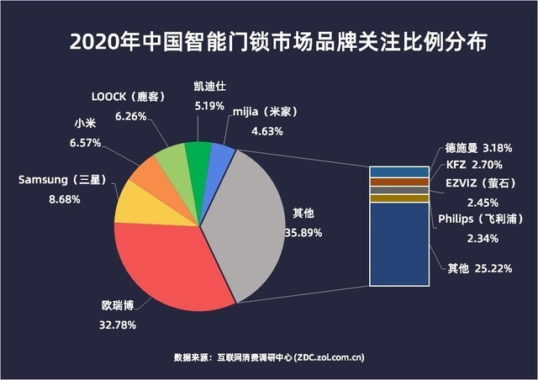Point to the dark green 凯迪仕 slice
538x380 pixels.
198,153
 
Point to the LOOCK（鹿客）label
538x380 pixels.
127,98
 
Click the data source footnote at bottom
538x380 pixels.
269,356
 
